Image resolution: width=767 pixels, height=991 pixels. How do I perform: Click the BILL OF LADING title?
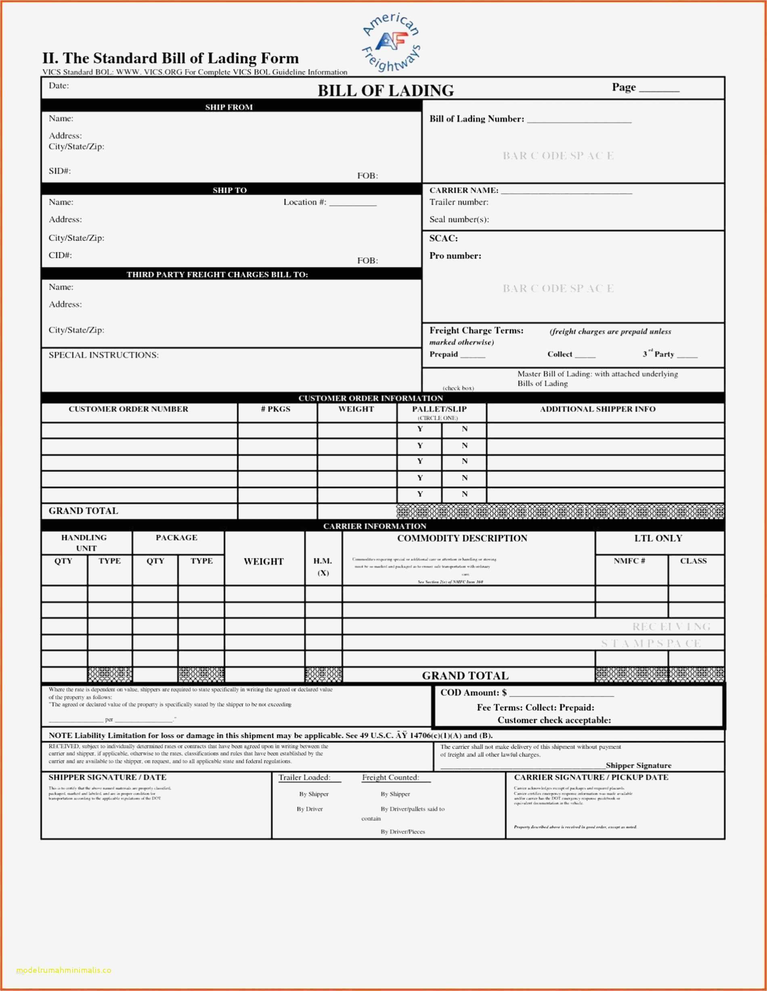[x=385, y=90]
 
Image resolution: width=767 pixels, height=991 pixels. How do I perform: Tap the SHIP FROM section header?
[x=229, y=107]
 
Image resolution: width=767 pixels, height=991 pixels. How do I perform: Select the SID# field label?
[x=59, y=171]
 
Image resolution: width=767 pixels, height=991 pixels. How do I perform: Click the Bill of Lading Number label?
[x=476, y=119]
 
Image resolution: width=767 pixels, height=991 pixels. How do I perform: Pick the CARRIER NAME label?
[x=463, y=190]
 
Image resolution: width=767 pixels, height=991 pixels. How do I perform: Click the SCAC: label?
[x=443, y=238]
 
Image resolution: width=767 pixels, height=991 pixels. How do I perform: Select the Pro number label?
[x=455, y=256]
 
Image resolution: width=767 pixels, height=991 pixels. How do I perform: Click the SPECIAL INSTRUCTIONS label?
[x=103, y=355]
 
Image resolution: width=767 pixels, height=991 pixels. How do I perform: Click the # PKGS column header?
[x=275, y=409]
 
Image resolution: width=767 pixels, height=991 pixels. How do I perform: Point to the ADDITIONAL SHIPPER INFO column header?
[x=597, y=409]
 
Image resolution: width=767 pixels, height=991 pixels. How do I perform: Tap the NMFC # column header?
[x=629, y=561]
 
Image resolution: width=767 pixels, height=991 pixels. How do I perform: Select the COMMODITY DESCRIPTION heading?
[x=462, y=538]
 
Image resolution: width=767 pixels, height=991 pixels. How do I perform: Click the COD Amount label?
[x=473, y=693]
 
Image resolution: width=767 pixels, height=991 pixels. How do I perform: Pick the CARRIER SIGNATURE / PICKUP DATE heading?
[x=591, y=778]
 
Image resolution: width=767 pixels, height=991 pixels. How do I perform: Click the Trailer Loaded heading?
[x=304, y=778]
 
